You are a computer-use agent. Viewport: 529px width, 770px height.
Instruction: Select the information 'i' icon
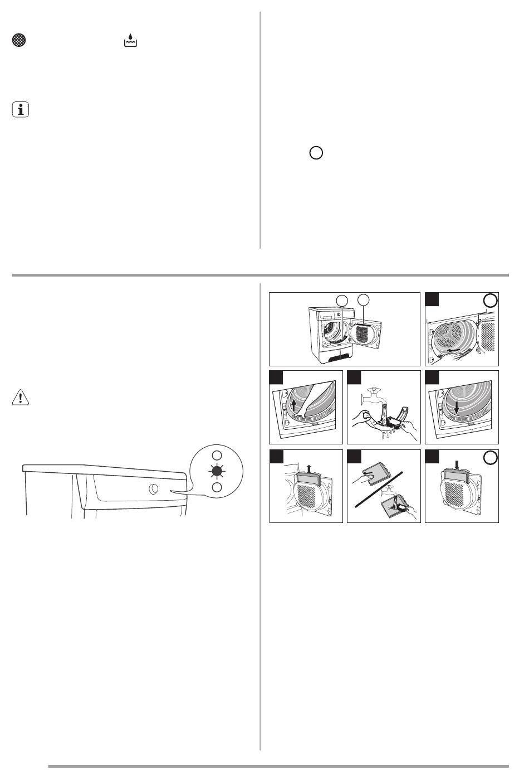tap(20, 110)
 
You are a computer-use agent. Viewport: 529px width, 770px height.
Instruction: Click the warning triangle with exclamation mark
tap(19, 398)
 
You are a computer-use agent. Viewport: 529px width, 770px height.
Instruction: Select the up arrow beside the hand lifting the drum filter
tap(293, 404)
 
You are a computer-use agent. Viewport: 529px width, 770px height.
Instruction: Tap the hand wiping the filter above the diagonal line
tap(367, 473)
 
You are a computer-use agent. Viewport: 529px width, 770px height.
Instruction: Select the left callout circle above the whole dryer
tap(342, 301)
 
